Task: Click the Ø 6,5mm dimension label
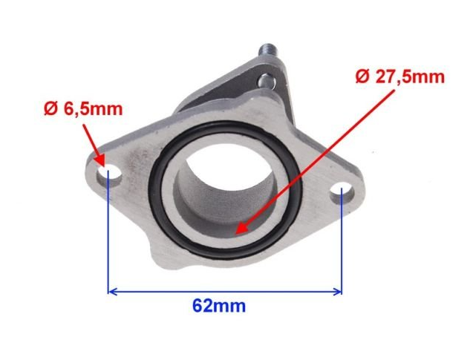pyautogui.click(x=83, y=109)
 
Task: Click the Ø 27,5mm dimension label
pyautogui.click(x=400, y=76)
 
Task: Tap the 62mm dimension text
pyautogui.click(x=219, y=306)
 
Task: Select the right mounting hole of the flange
pyautogui.click(x=342, y=192)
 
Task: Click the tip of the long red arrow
pyautogui.click(x=235, y=234)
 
